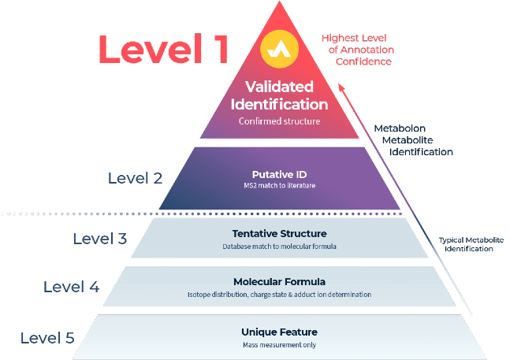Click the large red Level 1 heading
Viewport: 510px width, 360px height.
164,49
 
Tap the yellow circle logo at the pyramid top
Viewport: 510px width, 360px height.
279,49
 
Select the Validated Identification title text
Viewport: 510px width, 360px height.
279,95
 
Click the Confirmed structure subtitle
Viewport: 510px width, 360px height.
279,121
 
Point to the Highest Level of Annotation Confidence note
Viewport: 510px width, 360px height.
358,50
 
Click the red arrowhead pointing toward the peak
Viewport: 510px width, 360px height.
341,87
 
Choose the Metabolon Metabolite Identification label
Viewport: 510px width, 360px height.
413,140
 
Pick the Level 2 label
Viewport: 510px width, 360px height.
135,178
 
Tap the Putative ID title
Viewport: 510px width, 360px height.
279,174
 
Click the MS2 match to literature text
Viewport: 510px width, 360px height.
279,186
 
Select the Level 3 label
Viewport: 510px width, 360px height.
100,239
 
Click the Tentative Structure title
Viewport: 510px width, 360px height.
279,234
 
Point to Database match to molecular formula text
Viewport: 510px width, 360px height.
279,247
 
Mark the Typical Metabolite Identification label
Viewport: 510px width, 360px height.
471,244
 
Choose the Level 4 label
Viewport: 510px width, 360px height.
71,287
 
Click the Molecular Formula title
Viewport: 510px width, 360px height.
279,282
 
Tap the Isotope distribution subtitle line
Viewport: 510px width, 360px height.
279,295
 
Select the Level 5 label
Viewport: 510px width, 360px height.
47,338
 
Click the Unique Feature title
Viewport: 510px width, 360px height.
279,332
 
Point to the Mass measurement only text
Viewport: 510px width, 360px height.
279,345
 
